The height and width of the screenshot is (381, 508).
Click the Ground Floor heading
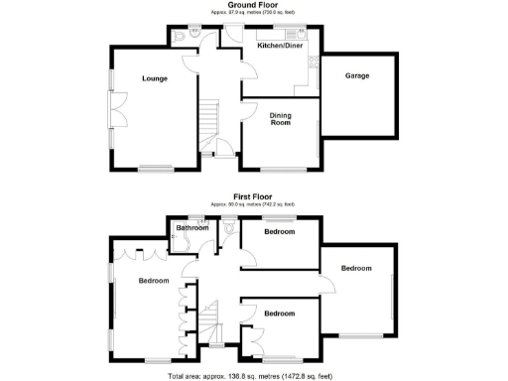pyautogui.click(x=251, y=4)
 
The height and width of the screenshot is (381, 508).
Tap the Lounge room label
pyautogui.click(x=153, y=78)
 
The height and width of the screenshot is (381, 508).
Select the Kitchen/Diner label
pyautogui.click(x=280, y=47)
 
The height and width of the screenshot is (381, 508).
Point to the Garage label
pyautogui.click(x=357, y=76)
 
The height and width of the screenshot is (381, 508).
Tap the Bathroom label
pyautogui.click(x=192, y=228)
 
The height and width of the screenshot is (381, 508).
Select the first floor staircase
pyautogui.click(x=211, y=321)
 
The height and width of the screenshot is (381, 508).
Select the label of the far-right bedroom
pyautogui.click(x=356, y=268)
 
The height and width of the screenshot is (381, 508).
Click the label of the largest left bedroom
pyautogui.click(x=153, y=281)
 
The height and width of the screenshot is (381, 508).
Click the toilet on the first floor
pyautogui.click(x=230, y=227)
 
